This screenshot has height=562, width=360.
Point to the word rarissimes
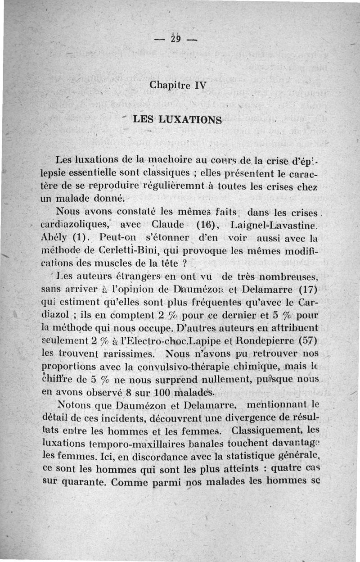coord(130,350)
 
